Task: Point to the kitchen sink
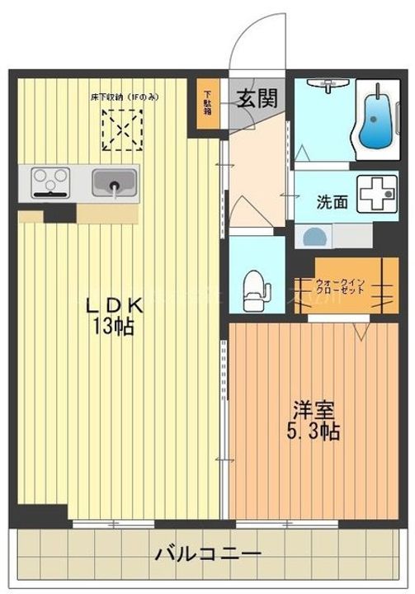113,181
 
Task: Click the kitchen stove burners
49,181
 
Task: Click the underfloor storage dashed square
123,129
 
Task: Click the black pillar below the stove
59,212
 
